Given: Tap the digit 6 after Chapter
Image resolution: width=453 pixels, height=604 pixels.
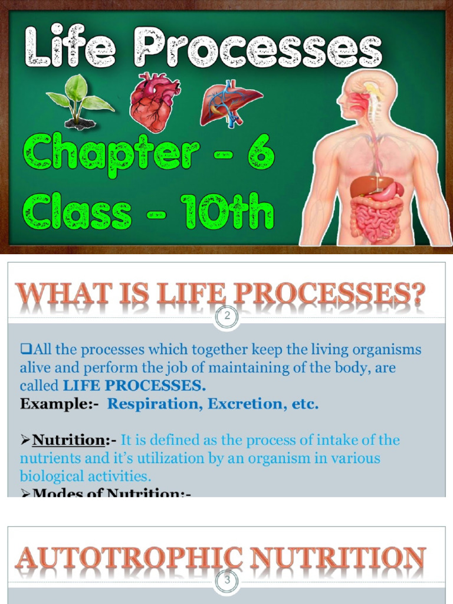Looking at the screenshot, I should pyautogui.click(x=260, y=152).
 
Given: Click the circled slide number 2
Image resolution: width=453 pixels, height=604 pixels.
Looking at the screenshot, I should pyautogui.click(x=226, y=317).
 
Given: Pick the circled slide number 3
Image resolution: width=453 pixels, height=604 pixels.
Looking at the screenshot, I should pyautogui.click(x=226, y=581).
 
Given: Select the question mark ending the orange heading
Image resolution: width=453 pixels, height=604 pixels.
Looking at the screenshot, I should pyautogui.click(x=418, y=295).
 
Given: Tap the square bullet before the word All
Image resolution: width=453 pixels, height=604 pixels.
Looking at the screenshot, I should pyautogui.click(x=25, y=349).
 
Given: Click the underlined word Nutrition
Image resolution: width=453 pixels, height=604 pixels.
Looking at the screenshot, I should pyautogui.click(x=68, y=440).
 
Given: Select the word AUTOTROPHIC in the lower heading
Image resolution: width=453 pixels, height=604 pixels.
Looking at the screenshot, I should pyautogui.click(x=129, y=559).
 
